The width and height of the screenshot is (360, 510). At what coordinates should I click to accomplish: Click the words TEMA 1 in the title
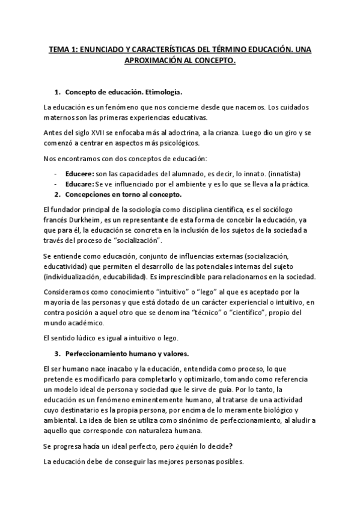click(x=63, y=51)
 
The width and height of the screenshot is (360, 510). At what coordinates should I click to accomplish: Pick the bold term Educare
click(x=79, y=184)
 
